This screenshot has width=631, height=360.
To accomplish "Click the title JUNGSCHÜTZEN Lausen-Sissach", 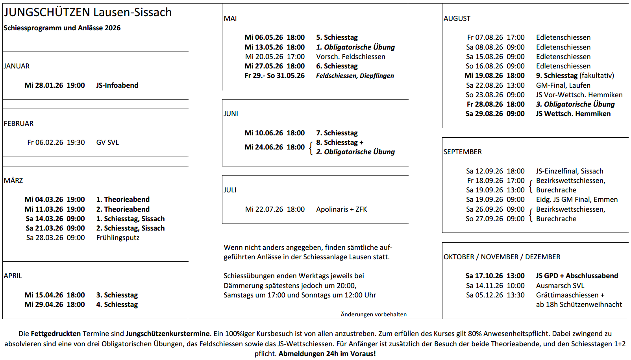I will tap(88, 12).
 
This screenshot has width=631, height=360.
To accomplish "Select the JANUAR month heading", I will tap(17, 66).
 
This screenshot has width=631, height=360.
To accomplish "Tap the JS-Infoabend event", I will tap(117, 85).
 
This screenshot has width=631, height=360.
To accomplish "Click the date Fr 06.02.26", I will tap(45, 142).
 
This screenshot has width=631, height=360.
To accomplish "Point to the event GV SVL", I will tap(107, 142).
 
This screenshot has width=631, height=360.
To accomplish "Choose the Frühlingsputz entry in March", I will tap(118, 238).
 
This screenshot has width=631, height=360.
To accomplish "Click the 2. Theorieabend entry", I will tap(123, 209).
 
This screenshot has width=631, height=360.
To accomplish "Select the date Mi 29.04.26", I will tap(44, 305).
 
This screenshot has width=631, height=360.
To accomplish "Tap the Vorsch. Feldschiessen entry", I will tap(351, 57).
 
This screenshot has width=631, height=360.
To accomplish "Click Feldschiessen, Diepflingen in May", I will tap(355, 76).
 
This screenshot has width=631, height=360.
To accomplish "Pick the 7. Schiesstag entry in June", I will tap(337, 133).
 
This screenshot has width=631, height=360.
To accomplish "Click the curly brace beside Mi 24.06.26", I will tap(311, 148).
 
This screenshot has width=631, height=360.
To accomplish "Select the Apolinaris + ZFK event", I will tap(342, 209).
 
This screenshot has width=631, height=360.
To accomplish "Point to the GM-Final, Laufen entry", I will tap(563, 85).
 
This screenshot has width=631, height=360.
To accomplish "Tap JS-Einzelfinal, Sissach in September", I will tap(570, 171).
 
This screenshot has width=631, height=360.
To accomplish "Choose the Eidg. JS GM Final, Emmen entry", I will tap(577, 199).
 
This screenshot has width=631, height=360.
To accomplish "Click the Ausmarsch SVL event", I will tap(560, 286).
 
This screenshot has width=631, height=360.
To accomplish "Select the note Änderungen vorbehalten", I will tap(374, 314).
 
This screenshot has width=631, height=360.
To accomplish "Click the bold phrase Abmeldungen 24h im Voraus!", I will tap(327, 354).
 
